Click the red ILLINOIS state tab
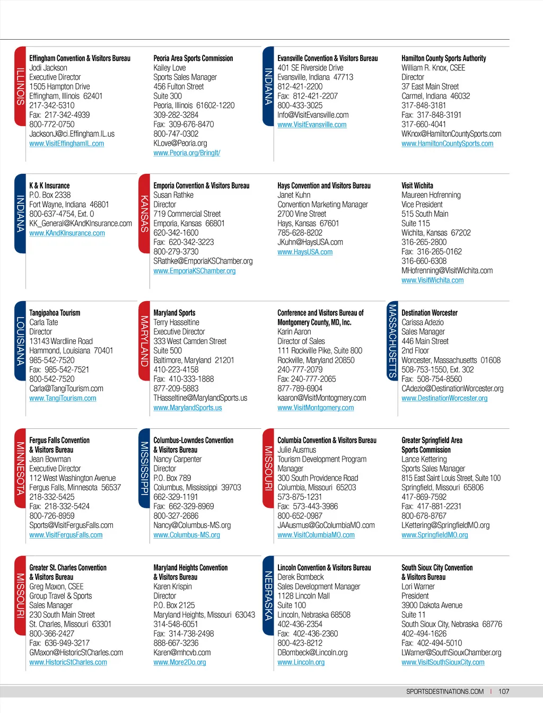click(x=20, y=86)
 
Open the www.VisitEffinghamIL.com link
click(x=66, y=144)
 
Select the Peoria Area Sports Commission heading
click(x=193, y=58)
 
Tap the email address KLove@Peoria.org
click(x=180, y=143)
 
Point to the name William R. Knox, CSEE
click(x=433, y=68)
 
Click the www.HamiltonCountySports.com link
click(x=447, y=144)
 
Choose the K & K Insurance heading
click(x=49, y=186)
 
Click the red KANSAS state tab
click(x=144, y=214)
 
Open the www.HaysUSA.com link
click(x=305, y=252)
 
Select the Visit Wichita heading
click(x=417, y=186)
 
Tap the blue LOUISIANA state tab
click(x=20, y=341)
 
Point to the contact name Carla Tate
click(x=43, y=322)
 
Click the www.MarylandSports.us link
click(x=188, y=408)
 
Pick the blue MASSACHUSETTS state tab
click(x=392, y=340)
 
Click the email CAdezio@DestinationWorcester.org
click(x=452, y=389)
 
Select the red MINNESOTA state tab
click(x=20, y=468)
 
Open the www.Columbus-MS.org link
click(x=187, y=535)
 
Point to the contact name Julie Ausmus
click(x=296, y=450)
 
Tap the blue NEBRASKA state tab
click(x=268, y=595)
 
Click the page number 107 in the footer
click(x=504, y=691)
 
